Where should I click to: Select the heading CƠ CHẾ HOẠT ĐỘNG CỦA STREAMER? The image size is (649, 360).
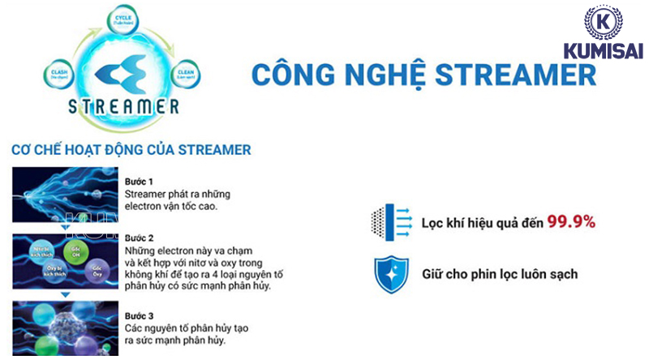[x=131, y=149]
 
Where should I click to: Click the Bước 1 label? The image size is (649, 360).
[x=140, y=181]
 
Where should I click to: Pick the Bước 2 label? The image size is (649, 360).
[x=140, y=238]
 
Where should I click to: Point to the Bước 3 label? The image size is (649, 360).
[x=140, y=315]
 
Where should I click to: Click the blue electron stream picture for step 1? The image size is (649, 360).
[x=65, y=195]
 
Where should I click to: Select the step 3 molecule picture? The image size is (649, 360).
[x=65, y=328]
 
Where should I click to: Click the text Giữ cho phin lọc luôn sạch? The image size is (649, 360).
[x=500, y=274]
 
